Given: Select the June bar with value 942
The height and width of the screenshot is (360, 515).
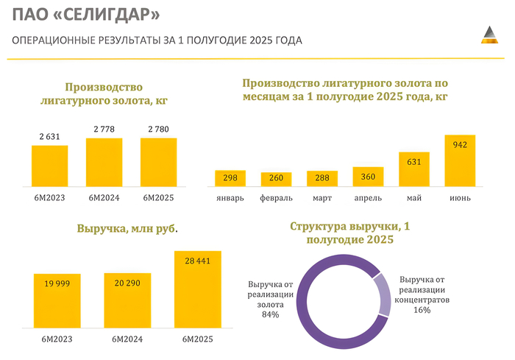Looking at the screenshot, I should pyautogui.click(x=460, y=160).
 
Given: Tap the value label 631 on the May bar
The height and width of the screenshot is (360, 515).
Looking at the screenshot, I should pyautogui.click(x=414, y=162).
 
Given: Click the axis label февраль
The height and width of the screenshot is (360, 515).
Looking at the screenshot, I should pyautogui.click(x=276, y=198).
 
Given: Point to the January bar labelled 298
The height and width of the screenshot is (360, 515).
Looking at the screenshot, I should pyautogui.click(x=230, y=178).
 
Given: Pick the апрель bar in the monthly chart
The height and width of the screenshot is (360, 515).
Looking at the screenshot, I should pyautogui.click(x=368, y=177).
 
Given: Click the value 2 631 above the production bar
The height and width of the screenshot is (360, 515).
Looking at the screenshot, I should pyautogui.click(x=49, y=135).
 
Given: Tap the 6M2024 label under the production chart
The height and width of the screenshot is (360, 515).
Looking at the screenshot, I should pyautogui.click(x=104, y=197).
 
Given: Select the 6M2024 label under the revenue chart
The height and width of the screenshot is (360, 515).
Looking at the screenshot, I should pyautogui.click(x=127, y=339).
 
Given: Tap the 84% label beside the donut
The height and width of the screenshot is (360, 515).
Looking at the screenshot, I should pyautogui.click(x=269, y=315).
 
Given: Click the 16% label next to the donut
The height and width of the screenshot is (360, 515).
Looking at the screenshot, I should pyautogui.click(x=422, y=310).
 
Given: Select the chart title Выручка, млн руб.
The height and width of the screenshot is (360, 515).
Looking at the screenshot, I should pyautogui.click(x=127, y=229).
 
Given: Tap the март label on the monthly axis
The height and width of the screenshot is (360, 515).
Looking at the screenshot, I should pyautogui.click(x=322, y=198).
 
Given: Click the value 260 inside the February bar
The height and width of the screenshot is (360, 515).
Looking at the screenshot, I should pyautogui.click(x=276, y=179).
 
